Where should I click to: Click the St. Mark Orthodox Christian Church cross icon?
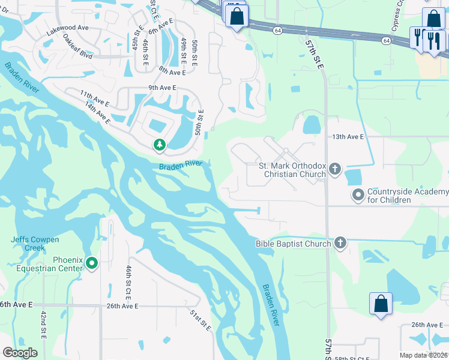point(335,170)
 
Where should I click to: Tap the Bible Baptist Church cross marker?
point(340,243)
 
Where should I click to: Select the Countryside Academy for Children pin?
point(358,195)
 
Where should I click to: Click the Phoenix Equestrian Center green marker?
point(92,263)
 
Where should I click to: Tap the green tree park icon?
point(159,145)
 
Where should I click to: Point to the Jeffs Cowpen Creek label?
point(35,244)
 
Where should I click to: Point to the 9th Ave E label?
point(162,88)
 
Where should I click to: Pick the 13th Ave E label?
point(348,137)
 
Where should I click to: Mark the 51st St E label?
point(200,321)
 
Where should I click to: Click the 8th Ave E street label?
point(173,71)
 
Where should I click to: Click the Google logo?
point(20,353)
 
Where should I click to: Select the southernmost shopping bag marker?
point(381,303)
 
